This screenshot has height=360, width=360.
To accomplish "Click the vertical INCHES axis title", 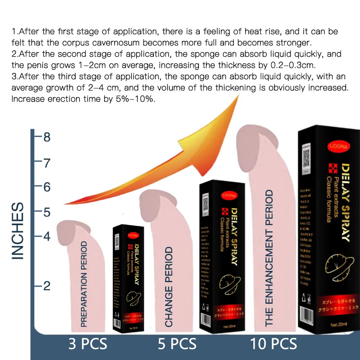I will (x=17, y=231).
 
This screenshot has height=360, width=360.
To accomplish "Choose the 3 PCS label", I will (x=88, y=344).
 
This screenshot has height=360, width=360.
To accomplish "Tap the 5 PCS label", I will (x=177, y=344).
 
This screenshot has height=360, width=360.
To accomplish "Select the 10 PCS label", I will (x=273, y=344).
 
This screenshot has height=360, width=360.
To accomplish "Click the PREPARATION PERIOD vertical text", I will (x=84, y=283).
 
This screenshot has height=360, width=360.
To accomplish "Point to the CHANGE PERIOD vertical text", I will (x=169, y=287).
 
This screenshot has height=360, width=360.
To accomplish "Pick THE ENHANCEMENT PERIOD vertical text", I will (x=269, y=258).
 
